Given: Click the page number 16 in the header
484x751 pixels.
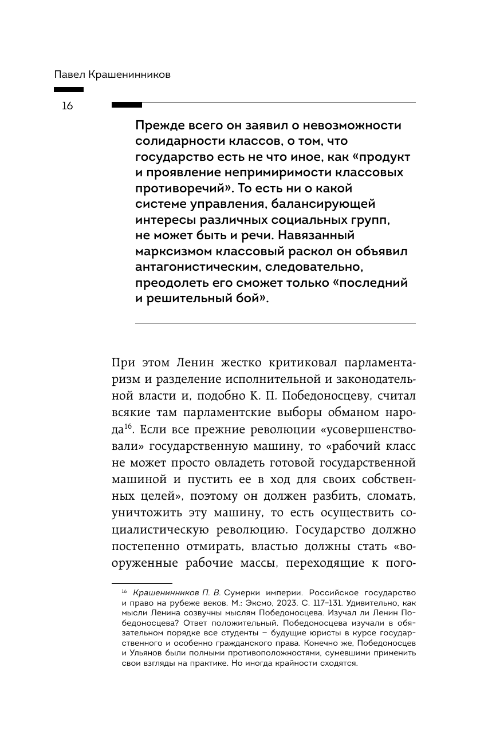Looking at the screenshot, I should [x=67, y=106].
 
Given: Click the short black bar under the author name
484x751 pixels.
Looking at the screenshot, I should [x=69, y=90].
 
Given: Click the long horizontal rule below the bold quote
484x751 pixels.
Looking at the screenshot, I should [x=275, y=323].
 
